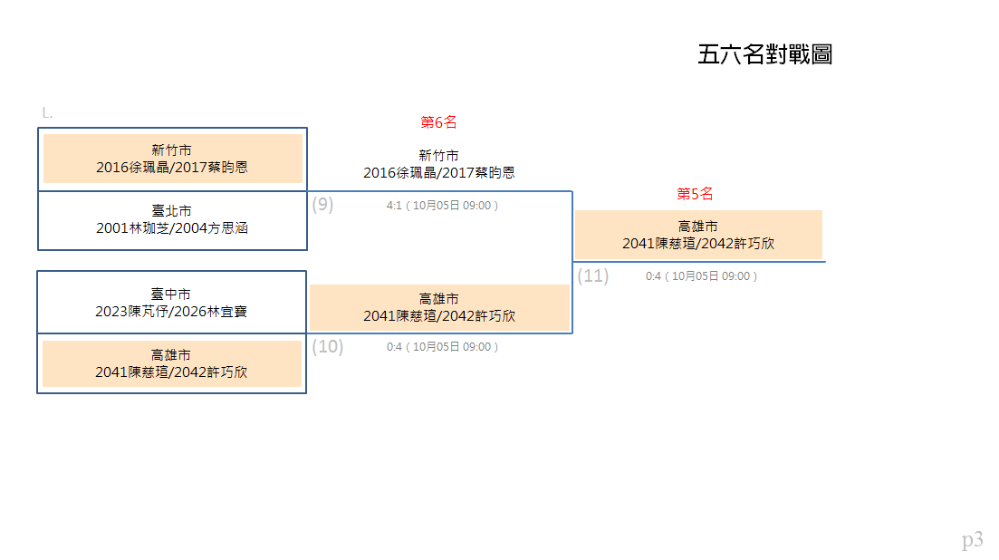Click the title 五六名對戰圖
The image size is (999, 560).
pyautogui.click(x=765, y=54)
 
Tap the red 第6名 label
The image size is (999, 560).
pyautogui.click(x=438, y=121)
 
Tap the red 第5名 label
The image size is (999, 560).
pyautogui.click(x=695, y=194)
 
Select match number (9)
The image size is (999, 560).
pyautogui.click(x=322, y=205)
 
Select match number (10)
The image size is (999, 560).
pyautogui.click(x=328, y=346)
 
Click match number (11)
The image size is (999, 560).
pyautogui.click(x=593, y=275)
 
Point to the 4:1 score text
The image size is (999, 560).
pyautogui.click(x=394, y=205)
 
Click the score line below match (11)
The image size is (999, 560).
pyautogui.click(x=701, y=275)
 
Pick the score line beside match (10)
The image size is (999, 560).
pyautogui.click(x=442, y=346)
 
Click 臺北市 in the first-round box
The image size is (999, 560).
pyautogui.click(x=171, y=211)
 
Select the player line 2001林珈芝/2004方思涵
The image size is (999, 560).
pyautogui.click(x=172, y=228)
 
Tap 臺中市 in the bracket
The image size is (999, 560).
pyautogui.click(x=171, y=294)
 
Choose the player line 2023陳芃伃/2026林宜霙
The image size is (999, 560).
pyautogui.click(x=171, y=312)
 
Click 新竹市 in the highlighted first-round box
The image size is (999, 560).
pyautogui.click(x=171, y=150)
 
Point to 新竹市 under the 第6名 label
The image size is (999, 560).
pyautogui.click(x=438, y=156)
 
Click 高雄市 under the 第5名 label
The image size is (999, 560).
pyautogui.click(x=697, y=227)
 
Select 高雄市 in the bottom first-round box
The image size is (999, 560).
pyautogui.click(x=171, y=355)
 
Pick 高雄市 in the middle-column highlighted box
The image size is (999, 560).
pyautogui.click(x=438, y=299)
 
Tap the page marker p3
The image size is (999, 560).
pyautogui.click(x=972, y=540)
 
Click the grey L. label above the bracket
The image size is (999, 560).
pyautogui.click(x=47, y=113)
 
